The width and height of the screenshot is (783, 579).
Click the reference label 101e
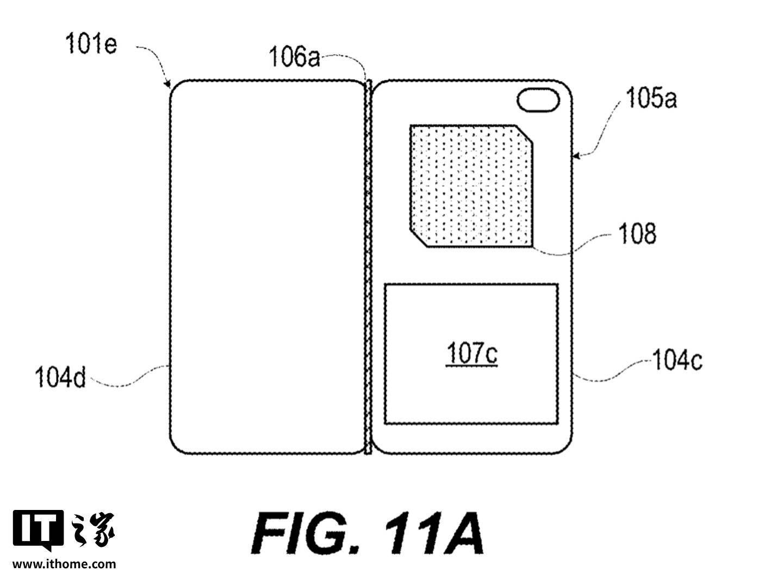pyautogui.click(x=91, y=44)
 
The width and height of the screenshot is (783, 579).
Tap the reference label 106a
pyautogui.click(x=294, y=57)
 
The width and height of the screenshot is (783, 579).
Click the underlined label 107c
pyautogui.click(x=472, y=353)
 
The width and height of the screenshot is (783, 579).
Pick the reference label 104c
pyautogui.click(x=678, y=360)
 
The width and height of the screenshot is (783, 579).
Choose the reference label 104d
pyautogui.click(x=60, y=377)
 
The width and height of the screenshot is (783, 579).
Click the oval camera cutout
pyautogui.click(x=538, y=100)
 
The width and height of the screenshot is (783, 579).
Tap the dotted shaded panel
pyautogui.click(x=471, y=186)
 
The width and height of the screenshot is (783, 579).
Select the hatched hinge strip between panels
pyautogui.click(x=368, y=267)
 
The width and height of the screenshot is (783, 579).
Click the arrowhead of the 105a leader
pyautogui.click(x=575, y=155)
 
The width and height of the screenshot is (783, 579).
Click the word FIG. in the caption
pyautogui.click(x=305, y=533)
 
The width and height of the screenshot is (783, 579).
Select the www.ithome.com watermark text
pyautogui.click(x=64, y=564)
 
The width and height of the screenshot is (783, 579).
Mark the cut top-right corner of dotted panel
pyautogui.click(x=524, y=134)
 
